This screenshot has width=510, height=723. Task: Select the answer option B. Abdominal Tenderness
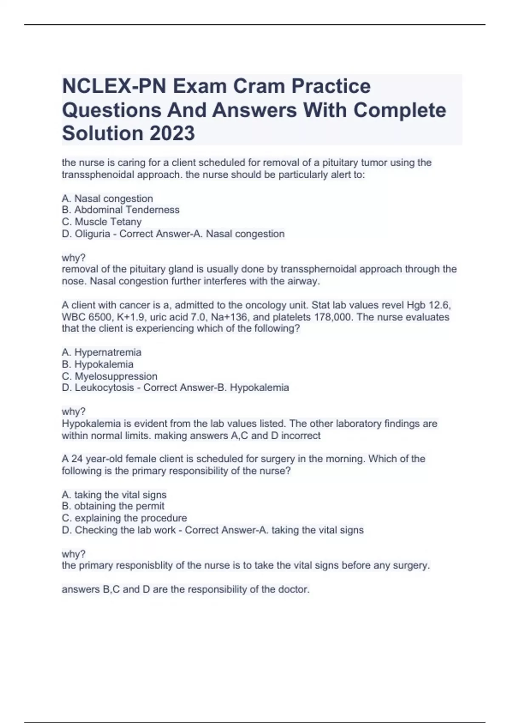pyautogui.click(x=121, y=210)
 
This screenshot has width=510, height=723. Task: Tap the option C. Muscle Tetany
pyautogui.click(x=102, y=222)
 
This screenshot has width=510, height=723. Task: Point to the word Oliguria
pyautogui.click(x=92, y=233)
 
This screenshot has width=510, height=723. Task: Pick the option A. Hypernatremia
pyautogui.click(x=102, y=352)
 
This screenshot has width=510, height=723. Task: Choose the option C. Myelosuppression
pyautogui.click(x=110, y=376)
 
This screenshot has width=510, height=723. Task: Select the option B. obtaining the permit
pyautogui.click(x=113, y=506)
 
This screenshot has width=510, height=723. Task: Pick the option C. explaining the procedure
pyautogui.click(x=125, y=518)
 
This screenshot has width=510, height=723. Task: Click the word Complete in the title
pyautogui.click(x=399, y=110)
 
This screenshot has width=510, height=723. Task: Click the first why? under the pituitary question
pyautogui.click(x=74, y=258)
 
